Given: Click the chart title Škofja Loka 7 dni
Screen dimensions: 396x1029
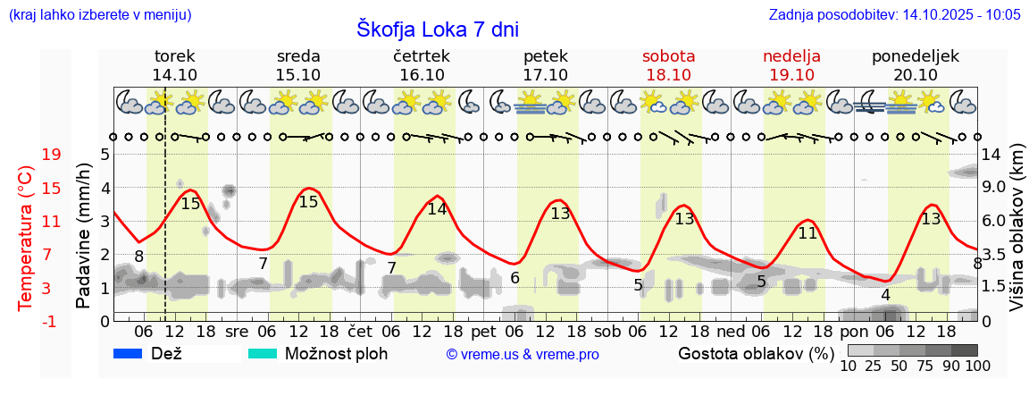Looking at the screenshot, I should (437, 29).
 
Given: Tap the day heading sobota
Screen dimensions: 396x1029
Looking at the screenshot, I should (668, 56).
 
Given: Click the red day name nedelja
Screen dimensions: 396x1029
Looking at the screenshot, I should (791, 56).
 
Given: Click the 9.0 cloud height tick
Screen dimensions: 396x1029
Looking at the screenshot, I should (993, 188).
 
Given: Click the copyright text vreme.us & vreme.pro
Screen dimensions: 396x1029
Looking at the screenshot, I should (523, 354).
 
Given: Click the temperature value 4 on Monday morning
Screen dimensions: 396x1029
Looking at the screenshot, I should (885, 295).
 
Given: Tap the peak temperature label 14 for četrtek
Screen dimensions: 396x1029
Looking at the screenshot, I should (437, 209).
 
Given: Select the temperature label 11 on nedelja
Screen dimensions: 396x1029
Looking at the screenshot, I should (807, 233).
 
